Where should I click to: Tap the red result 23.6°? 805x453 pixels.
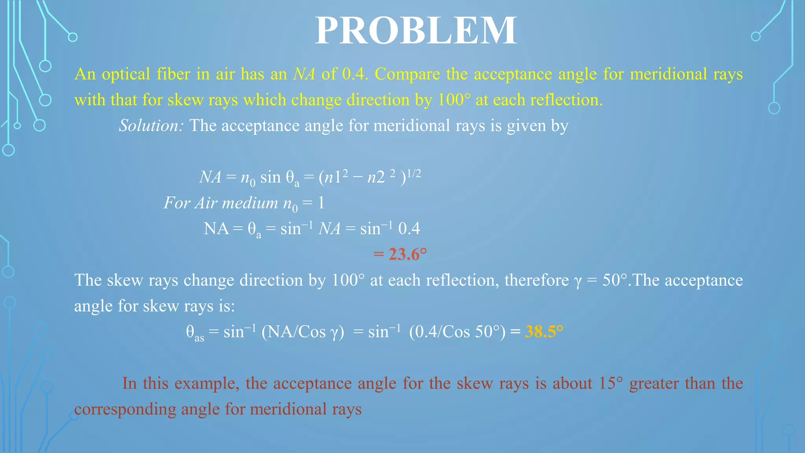407,254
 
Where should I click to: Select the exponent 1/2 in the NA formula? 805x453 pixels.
414,173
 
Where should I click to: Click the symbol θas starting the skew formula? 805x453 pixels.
195,333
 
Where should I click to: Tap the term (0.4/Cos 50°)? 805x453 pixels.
457,332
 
